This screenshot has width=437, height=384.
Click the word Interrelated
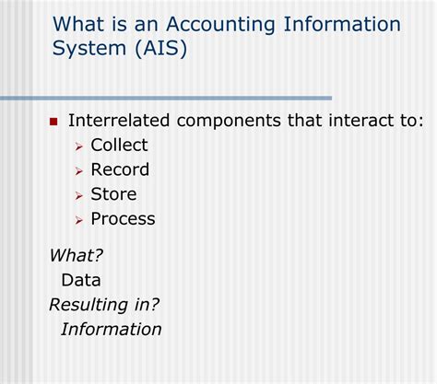click(x=121, y=121)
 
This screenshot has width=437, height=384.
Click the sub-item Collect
click(x=119, y=145)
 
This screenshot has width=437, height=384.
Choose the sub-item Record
click(x=120, y=169)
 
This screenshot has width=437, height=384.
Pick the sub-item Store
click(x=113, y=194)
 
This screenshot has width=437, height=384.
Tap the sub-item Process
click(x=123, y=219)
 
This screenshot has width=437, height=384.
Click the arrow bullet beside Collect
click(x=79, y=146)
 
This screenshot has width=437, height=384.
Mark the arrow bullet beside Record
click(x=79, y=171)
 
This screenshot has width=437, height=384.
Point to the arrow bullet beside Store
click(x=79, y=196)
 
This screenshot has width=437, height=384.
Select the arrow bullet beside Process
click(x=79, y=221)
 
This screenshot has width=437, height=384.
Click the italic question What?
click(x=76, y=256)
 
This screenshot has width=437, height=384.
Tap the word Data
click(x=81, y=280)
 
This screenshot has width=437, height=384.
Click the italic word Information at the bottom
click(x=111, y=329)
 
